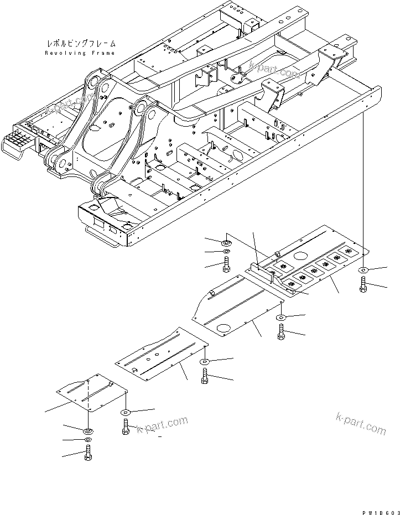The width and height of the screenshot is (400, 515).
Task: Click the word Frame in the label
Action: coord(103,53)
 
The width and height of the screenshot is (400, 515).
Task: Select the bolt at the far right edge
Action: coord(363,285)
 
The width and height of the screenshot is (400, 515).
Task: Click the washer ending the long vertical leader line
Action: coord(362,270)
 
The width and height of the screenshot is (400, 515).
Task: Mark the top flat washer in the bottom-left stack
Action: coord(88,430)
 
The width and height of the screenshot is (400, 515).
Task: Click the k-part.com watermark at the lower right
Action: coord(361,424)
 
